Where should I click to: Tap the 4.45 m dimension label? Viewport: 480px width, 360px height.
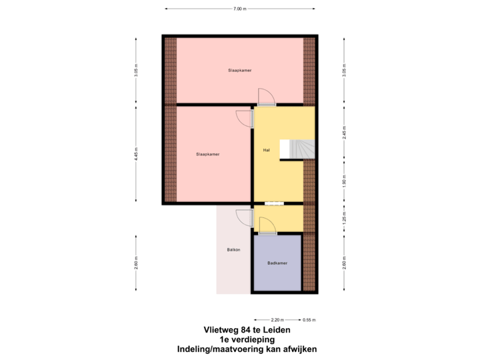click(137, 154)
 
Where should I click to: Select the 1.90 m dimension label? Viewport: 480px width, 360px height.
click(344, 183)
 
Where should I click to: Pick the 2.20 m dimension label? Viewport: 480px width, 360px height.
click(278, 319)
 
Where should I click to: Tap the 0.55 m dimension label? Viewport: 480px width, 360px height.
click(309, 319)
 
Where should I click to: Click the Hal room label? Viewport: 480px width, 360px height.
click(266, 150)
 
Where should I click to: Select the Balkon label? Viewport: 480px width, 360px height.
click(233, 249)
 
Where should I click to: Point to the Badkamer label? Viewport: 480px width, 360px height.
click(277, 263)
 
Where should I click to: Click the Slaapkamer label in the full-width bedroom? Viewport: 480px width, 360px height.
click(239, 69)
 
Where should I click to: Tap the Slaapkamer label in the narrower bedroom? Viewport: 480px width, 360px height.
click(208, 154)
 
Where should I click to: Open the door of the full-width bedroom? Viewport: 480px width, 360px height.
click(266, 99)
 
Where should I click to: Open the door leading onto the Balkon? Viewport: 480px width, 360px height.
click(244, 217)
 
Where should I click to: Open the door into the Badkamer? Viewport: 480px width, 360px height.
click(267, 228)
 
